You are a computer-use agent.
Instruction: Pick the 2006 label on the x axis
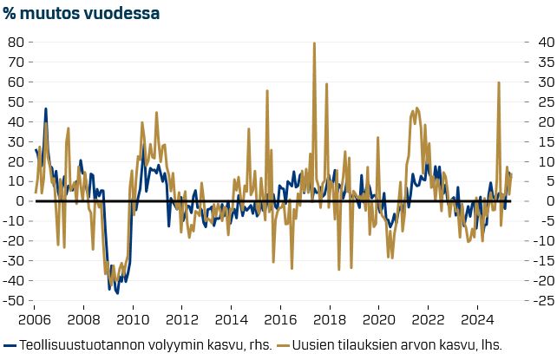(35, 320)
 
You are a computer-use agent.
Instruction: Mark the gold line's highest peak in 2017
(314, 43)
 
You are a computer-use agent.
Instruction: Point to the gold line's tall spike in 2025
(499, 83)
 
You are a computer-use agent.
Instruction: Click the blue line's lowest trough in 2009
(117, 292)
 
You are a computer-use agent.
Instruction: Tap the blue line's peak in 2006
(45, 109)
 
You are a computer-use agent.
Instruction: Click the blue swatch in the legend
(10, 344)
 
